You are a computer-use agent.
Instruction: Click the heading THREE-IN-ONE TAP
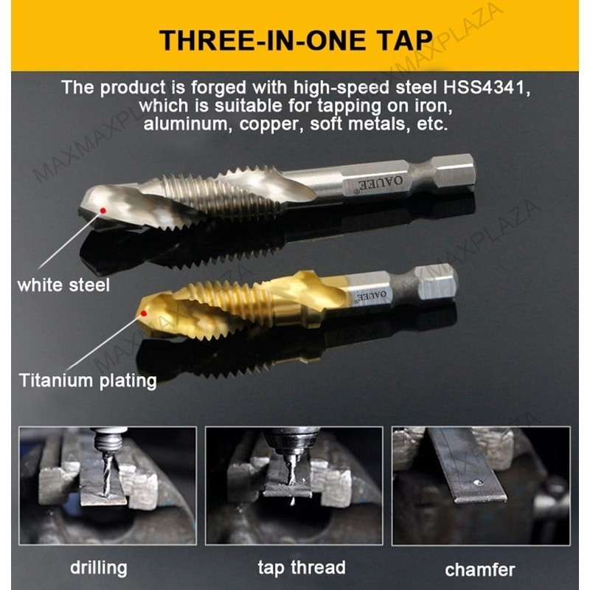(296, 41)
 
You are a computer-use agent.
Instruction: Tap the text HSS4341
(487, 88)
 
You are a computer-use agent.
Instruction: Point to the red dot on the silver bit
(103, 210)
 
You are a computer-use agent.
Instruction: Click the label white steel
(63, 285)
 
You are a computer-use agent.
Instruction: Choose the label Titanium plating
(88, 381)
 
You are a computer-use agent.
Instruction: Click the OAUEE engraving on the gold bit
(371, 294)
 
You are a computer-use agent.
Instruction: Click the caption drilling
(99, 568)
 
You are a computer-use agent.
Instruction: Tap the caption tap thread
(302, 567)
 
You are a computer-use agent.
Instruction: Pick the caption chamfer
(480, 569)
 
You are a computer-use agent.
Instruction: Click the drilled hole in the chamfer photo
(478, 482)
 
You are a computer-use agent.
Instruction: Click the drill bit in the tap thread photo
(291, 470)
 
